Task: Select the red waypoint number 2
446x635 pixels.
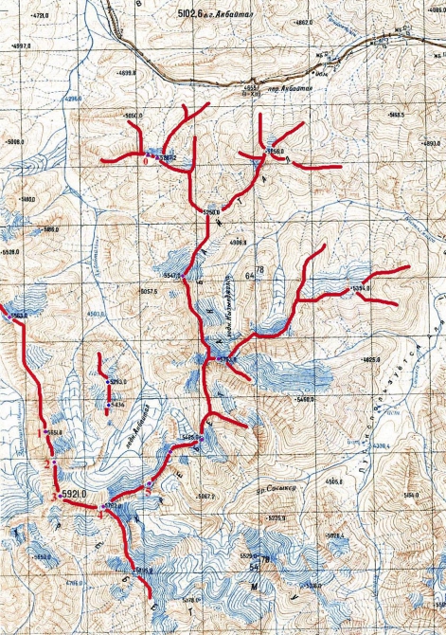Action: point(48,463)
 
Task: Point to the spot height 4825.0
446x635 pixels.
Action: point(371,361)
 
